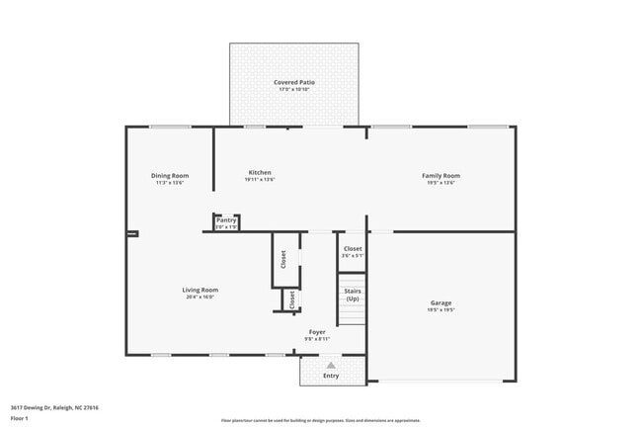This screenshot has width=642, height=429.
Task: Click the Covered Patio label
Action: coord(295,82)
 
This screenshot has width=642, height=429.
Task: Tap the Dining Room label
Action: coord(170,176)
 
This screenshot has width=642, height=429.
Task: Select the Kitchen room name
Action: coord(260,173)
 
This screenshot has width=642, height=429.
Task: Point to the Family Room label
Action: coord(441,176)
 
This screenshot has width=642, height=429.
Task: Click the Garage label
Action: coord(441,302)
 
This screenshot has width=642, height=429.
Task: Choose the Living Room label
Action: coord(199,290)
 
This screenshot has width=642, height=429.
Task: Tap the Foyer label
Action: coord(317,332)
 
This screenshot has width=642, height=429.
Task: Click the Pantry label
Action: coord(226,220)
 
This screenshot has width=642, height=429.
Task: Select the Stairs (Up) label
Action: coord(352,295)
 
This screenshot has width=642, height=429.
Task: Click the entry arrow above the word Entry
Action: coord(331,365)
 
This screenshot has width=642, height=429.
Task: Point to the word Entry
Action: coord(331,376)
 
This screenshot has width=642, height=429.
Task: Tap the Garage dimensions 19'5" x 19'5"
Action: coord(441,309)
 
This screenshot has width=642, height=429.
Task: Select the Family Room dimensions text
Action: coord(441,183)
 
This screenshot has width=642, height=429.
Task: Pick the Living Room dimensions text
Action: coord(199,297)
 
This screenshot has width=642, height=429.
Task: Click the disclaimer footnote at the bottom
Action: coord(320,420)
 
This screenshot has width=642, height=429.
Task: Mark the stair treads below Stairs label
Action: coord(352,314)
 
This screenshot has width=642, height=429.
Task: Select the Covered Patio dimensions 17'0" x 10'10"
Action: coord(295,89)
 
